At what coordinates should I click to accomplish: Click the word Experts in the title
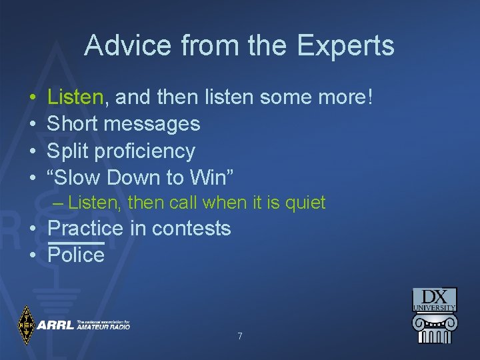tap(345, 46)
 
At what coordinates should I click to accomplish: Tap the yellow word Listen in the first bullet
tap(75, 97)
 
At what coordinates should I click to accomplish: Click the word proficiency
tap(145, 152)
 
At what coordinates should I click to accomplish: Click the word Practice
tap(85, 229)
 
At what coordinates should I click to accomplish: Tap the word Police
tap(76, 255)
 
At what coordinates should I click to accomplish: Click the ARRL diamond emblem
tap(26, 325)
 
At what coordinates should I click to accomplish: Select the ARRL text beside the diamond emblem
tap(55, 325)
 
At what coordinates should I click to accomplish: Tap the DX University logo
tap(434, 316)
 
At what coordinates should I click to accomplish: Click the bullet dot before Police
tap(33, 255)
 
